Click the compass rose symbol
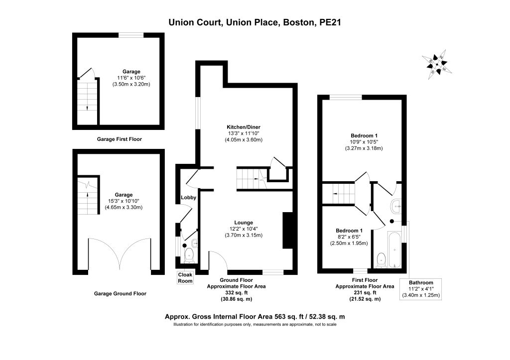click(x=437, y=64)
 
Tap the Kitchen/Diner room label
click(x=243, y=127)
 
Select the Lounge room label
click(x=244, y=223)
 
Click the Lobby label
click(x=189, y=197)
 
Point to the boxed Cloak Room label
click(x=185, y=278)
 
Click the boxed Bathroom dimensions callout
click(x=421, y=289)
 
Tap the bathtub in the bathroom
click(x=394, y=249)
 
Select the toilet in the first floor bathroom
click(x=381, y=260)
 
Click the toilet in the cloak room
click(x=189, y=256)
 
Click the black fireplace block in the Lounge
click(x=288, y=231)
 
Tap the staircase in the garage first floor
click(x=87, y=101)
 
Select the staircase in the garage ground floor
click(x=87, y=196)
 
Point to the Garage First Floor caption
click(x=120, y=139)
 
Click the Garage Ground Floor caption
click(x=120, y=294)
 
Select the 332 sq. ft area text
click(x=237, y=293)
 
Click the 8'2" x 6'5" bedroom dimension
click(x=349, y=237)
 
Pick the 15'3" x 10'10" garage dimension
click(x=124, y=201)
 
